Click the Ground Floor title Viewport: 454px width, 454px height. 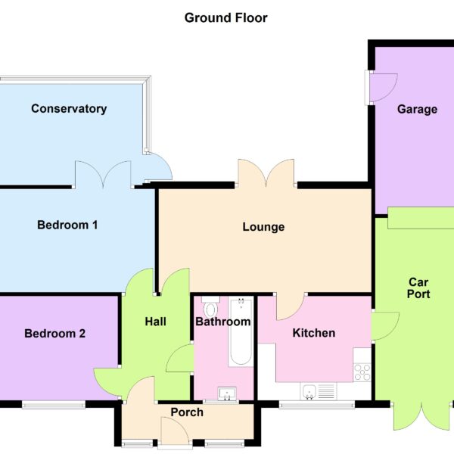(225, 18)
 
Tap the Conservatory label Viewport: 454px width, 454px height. (69, 109)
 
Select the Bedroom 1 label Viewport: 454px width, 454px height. (67, 225)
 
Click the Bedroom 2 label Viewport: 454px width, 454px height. (54, 334)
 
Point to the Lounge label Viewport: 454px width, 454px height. (263, 227)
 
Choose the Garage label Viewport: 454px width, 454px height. (417, 110)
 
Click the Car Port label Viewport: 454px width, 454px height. (418, 288)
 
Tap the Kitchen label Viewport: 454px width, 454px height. (314, 333)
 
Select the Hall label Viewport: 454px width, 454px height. (155, 322)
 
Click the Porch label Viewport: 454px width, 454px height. (187, 412)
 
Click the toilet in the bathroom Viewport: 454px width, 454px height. (210, 307)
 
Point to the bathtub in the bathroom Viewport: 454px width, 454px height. (241, 331)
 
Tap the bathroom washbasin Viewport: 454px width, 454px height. (227, 393)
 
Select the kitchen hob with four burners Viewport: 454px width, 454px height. (362, 372)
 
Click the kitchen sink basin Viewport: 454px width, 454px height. (309, 392)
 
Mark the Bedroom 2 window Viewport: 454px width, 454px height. (54, 405)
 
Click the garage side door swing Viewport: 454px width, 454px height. (384, 88)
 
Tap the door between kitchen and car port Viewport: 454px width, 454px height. (385, 326)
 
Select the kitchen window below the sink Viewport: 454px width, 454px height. (317, 405)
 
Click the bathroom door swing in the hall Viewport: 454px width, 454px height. (179, 359)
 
